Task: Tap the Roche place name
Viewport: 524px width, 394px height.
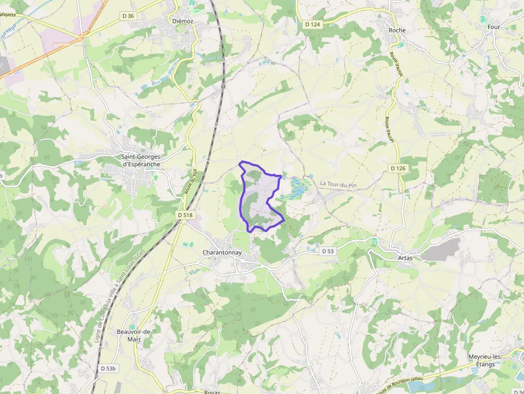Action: pyautogui.click(x=397, y=30)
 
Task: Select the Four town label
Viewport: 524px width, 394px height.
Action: pyautogui.click(x=494, y=26)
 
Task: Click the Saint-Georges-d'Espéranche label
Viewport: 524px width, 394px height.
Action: pyautogui.click(x=141, y=160)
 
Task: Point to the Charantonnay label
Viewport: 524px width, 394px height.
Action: pyautogui.click(x=222, y=252)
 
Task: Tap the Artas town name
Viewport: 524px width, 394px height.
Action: pyautogui.click(x=406, y=258)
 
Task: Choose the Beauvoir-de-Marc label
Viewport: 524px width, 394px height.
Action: pyautogui.click(x=134, y=335)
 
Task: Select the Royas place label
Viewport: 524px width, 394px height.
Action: pyautogui.click(x=212, y=391)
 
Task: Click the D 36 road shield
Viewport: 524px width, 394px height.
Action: pyautogui.click(x=128, y=16)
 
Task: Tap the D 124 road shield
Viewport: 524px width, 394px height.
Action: pyautogui.click(x=312, y=24)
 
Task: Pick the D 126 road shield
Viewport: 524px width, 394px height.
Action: pyautogui.click(x=398, y=168)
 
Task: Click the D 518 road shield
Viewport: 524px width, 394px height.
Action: pyautogui.click(x=185, y=215)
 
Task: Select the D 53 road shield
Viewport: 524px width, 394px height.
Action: pyautogui.click(x=328, y=251)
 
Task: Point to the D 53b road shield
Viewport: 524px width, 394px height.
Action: pyautogui.click(x=108, y=368)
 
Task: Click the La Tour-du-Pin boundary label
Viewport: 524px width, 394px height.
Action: pyautogui.click(x=338, y=184)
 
